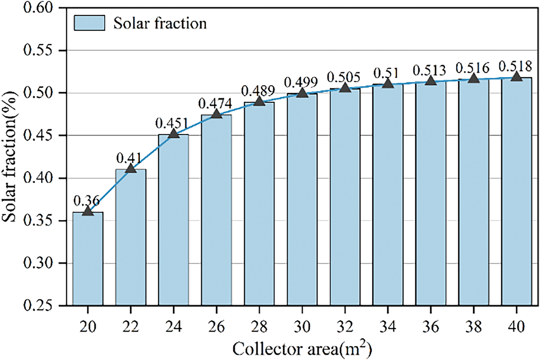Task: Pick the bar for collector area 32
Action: coord(345,197)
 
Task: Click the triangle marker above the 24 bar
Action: coord(173,134)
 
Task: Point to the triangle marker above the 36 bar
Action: coord(430,81)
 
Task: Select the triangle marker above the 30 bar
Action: coord(302,92)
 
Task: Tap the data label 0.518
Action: coord(515,66)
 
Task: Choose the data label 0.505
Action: coord(343,77)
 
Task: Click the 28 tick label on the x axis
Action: coord(259,327)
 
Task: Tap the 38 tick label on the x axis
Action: coord(473,327)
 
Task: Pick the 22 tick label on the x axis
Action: coord(131,327)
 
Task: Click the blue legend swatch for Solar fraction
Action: coord(89,23)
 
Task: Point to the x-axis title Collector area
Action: coord(302,349)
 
